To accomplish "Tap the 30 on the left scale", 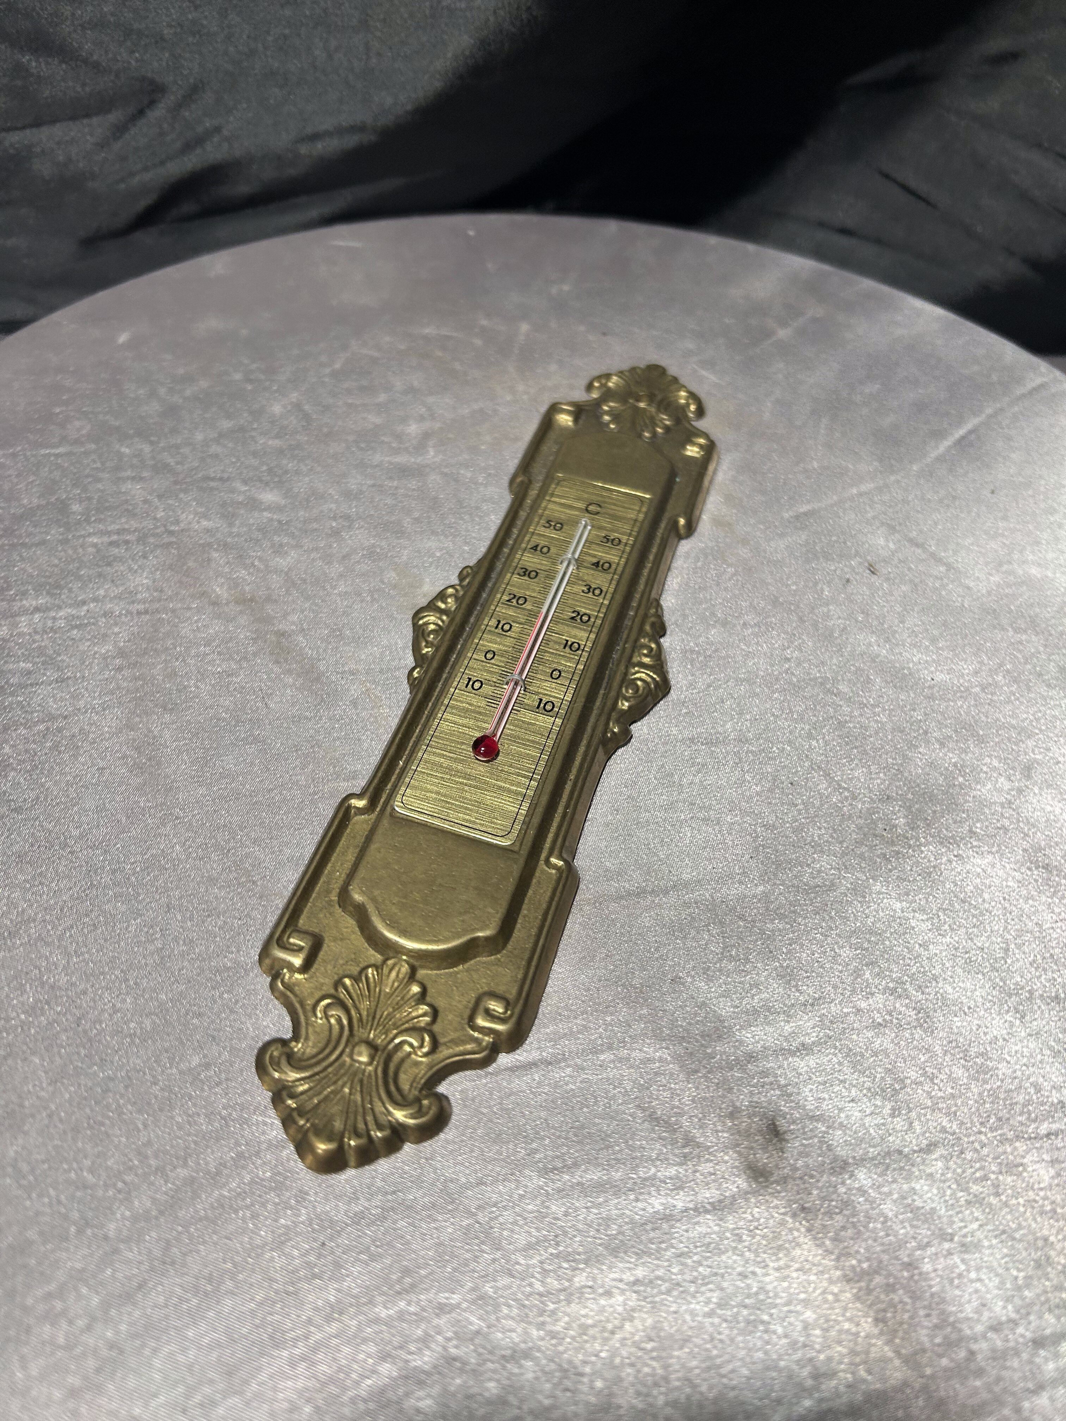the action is pos(528,574).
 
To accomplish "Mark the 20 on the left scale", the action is pos(516,601).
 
